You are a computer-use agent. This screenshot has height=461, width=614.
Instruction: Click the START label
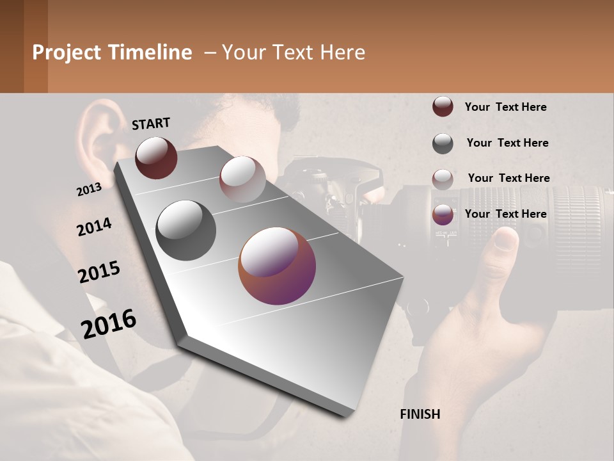[151, 124]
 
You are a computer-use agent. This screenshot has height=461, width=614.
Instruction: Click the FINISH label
[420, 414]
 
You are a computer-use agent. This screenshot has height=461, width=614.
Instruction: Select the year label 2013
[89, 190]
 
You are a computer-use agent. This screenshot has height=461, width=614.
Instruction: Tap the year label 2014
[94, 227]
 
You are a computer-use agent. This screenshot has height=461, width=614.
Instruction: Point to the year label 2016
[109, 324]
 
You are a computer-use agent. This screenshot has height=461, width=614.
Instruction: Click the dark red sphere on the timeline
[156, 158]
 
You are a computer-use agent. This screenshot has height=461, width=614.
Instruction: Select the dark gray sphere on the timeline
[186, 230]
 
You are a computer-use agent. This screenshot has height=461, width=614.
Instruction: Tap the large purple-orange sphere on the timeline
[277, 266]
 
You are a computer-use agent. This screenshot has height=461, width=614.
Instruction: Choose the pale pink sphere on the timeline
[242, 179]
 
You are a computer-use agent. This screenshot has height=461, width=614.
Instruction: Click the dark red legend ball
[443, 107]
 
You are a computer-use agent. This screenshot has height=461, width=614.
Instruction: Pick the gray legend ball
[443, 143]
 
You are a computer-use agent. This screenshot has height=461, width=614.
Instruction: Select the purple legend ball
[443, 214]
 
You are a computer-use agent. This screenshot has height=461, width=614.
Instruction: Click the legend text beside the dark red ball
[505, 107]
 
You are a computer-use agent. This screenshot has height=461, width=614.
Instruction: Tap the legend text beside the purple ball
[505, 214]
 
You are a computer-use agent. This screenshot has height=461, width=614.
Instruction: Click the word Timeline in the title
[152, 53]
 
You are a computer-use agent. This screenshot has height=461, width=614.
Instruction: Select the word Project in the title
[66, 53]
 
